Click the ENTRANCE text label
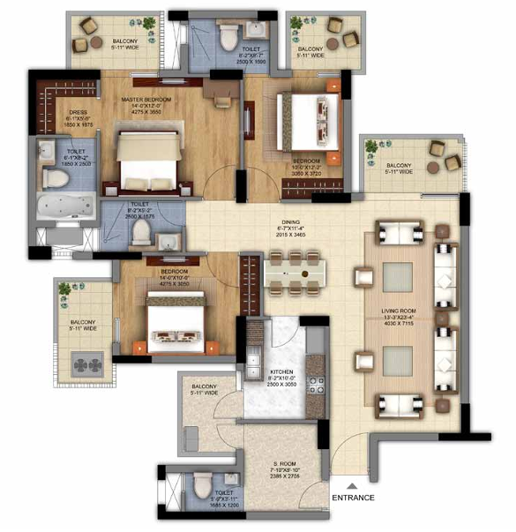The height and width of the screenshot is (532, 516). coord(353,498)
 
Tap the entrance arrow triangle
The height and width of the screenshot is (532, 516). coord(351,484)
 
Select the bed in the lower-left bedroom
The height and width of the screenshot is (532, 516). coord(177,319)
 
